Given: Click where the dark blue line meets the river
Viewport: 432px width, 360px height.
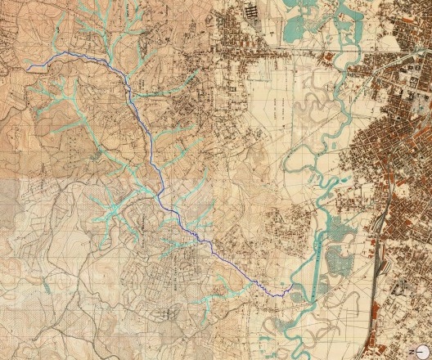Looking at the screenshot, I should tap(292, 289).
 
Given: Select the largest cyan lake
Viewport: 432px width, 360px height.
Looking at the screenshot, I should tap(292, 26).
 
